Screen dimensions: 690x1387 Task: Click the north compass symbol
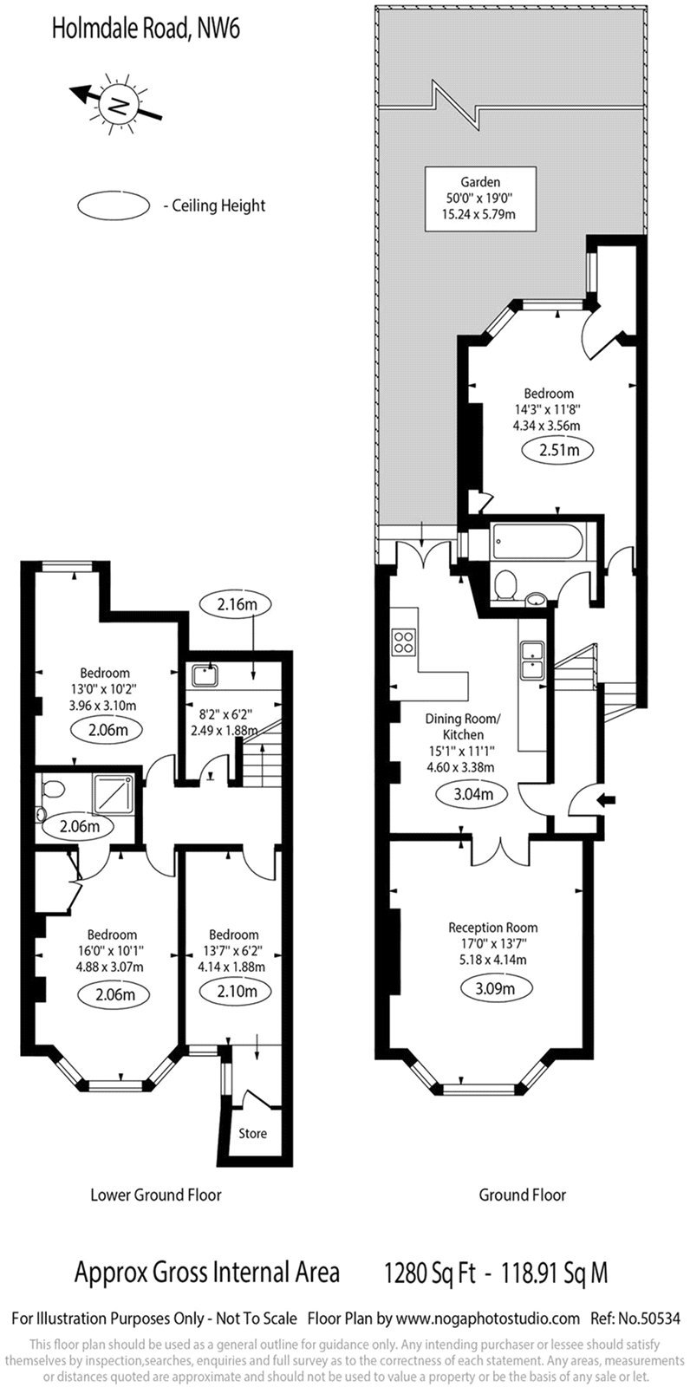116,103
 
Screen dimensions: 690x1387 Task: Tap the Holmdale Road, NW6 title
146,29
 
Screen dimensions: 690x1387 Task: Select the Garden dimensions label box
480,199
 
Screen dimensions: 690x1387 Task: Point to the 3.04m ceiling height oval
472,794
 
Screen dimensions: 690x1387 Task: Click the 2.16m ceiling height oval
237,604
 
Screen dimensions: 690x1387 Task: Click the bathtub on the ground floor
537,541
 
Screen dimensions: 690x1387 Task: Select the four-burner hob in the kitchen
403,641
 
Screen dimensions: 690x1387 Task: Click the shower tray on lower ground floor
114,794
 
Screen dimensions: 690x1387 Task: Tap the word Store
253,1133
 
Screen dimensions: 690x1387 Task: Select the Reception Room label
493,928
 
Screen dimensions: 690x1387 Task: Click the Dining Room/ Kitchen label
463,726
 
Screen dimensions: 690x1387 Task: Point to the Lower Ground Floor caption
155,1195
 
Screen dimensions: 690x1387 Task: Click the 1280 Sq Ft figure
430,1273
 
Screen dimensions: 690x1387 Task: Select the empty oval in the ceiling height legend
114,205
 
